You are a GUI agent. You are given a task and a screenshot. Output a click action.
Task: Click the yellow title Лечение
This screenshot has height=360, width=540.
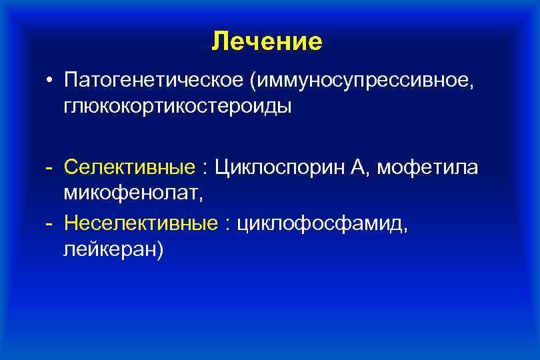pyautogui.click(x=267, y=42)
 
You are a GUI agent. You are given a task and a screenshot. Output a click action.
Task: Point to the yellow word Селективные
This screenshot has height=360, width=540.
pyautogui.click(x=130, y=168)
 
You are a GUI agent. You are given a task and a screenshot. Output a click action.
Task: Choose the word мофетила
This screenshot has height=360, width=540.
pyautogui.click(x=427, y=168)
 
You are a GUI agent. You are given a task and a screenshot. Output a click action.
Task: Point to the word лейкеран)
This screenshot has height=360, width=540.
pyautogui.click(x=114, y=249)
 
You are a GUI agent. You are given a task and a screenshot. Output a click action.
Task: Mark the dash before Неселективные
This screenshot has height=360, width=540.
pyautogui.click(x=49, y=224)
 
